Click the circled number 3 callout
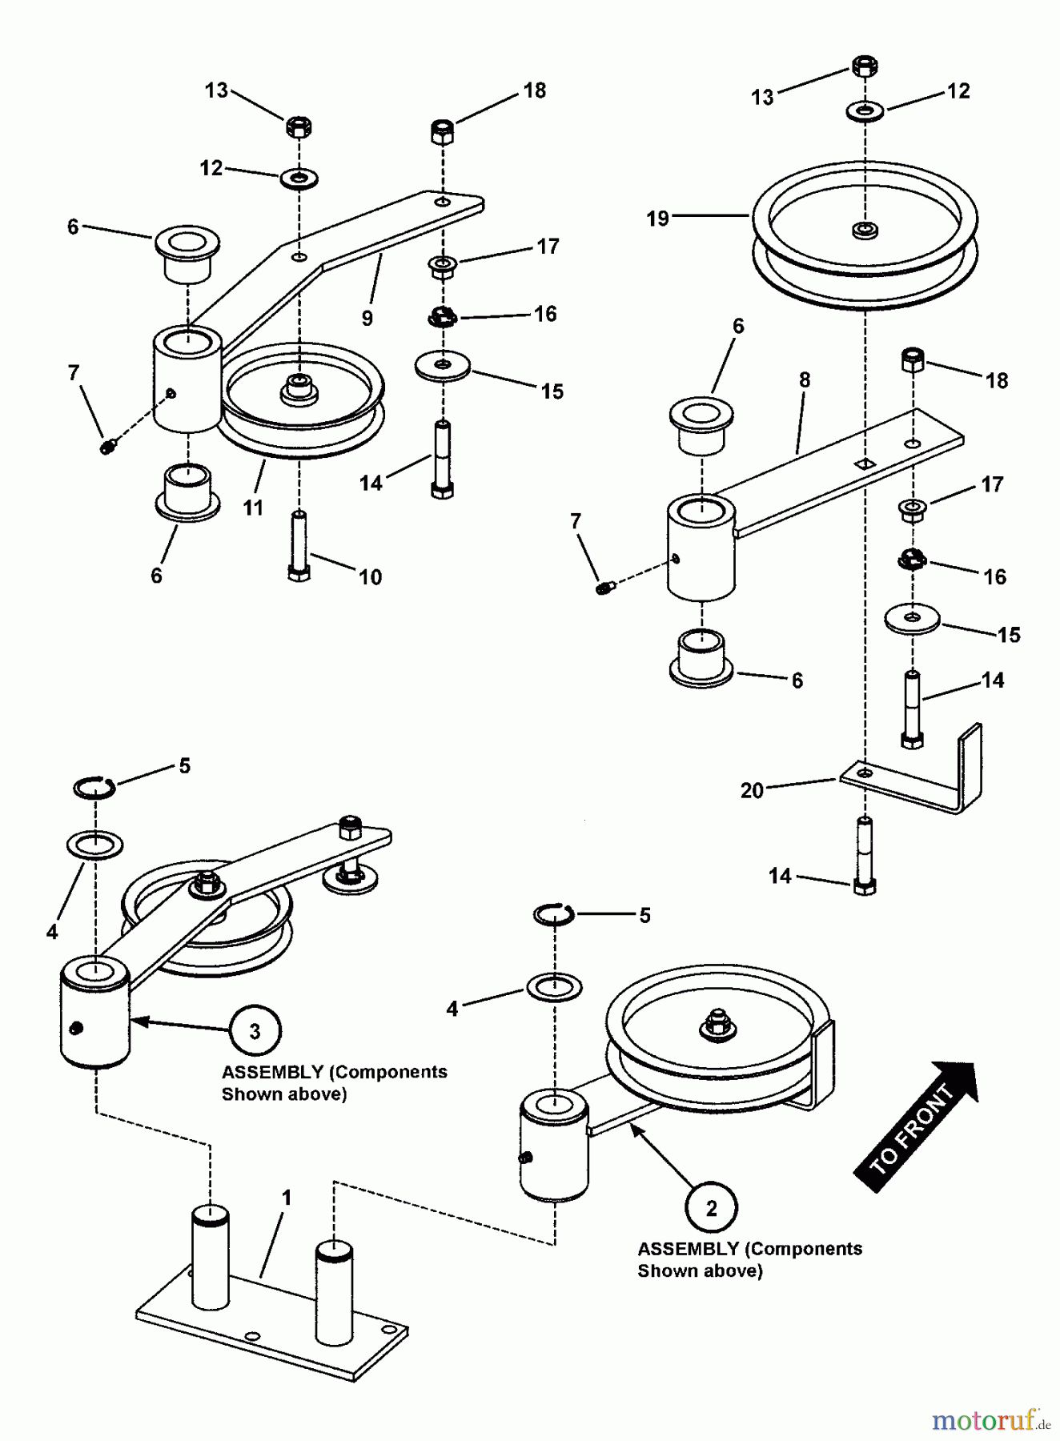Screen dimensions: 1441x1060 (x=255, y=1031)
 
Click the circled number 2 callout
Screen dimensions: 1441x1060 (x=711, y=1208)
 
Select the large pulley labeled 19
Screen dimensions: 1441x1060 (x=865, y=240)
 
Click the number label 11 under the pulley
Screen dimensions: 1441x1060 (x=253, y=508)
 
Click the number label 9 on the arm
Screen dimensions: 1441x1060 (x=367, y=319)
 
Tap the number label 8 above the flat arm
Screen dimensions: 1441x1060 (x=805, y=380)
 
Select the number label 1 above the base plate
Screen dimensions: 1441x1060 (x=286, y=1198)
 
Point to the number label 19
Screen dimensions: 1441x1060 (x=657, y=219)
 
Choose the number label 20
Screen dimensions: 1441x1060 (x=752, y=791)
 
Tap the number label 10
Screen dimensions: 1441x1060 (x=370, y=576)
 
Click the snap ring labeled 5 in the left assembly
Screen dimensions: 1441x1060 (x=94, y=789)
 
